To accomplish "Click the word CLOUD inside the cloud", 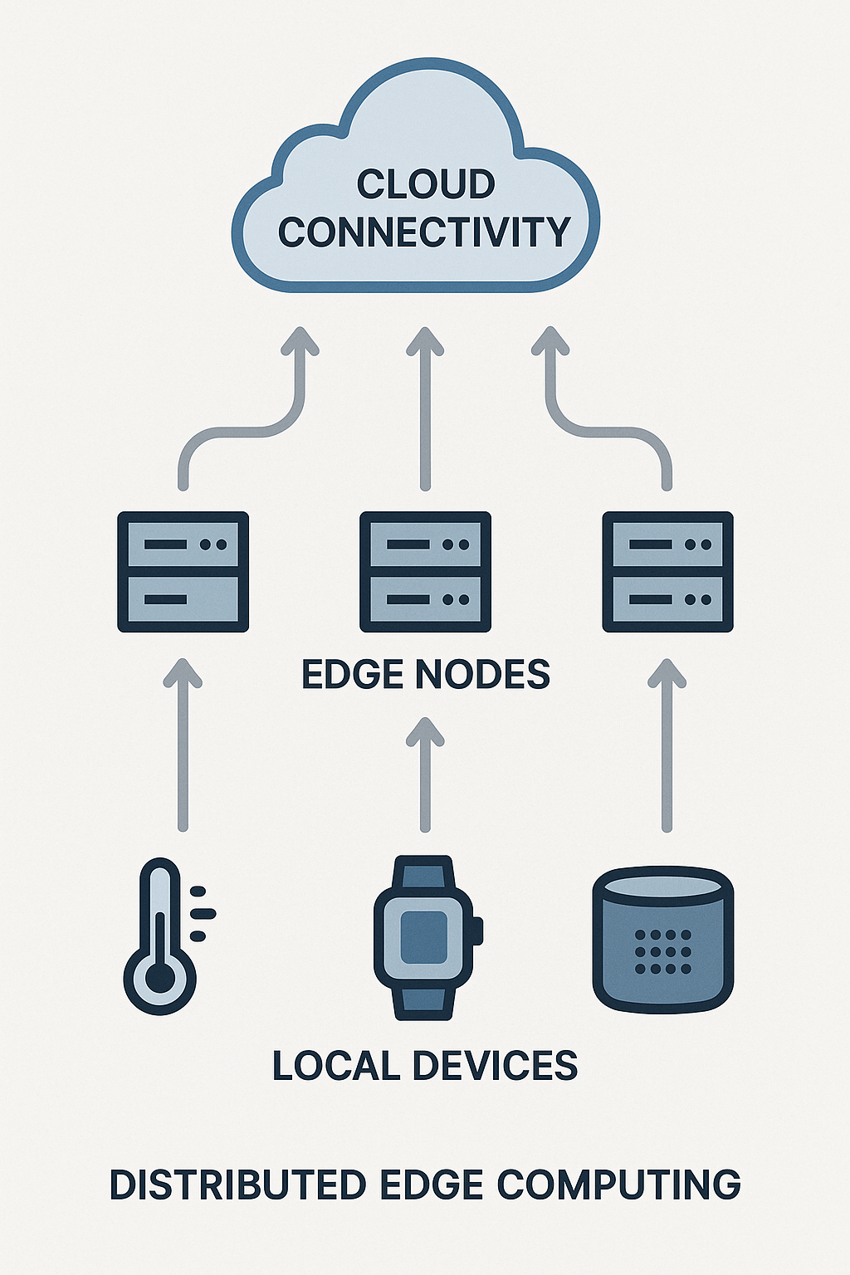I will pyautogui.click(x=425, y=184).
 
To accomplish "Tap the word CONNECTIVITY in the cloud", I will pyautogui.click(x=424, y=232).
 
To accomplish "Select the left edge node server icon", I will pyautogui.click(x=183, y=572).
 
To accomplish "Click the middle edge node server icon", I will pyautogui.click(x=425, y=572).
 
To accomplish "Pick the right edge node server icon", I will pyautogui.click(x=667, y=572).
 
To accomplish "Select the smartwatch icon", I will pyautogui.click(x=426, y=938).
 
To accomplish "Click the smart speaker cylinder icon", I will pyautogui.click(x=663, y=938).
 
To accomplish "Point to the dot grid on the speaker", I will pyautogui.click(x=662, y=951).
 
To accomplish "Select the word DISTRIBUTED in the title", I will pyautogui.click(x=237, y=1185).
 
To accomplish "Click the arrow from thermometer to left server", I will pyautogui.click(x=183, y=747).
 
